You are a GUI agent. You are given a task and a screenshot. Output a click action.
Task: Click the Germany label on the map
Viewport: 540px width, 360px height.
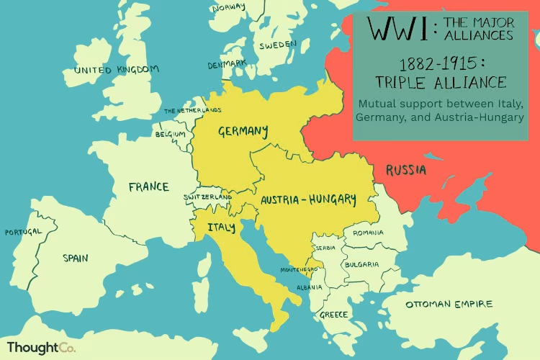243,131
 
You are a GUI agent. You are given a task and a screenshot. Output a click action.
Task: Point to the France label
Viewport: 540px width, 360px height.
148,187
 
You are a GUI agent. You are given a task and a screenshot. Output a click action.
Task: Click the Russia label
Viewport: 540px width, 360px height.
405,170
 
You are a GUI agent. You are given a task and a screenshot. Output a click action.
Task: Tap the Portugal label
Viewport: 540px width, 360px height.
22,233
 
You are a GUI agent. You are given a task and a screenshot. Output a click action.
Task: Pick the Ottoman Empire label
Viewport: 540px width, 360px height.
449,304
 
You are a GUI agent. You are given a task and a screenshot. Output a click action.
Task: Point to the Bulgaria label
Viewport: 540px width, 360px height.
361,264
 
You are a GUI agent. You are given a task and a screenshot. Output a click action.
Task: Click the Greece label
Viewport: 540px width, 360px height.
334,315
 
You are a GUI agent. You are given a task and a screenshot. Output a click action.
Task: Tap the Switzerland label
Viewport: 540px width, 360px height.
208,197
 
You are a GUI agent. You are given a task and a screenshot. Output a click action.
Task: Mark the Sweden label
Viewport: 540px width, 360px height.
277,45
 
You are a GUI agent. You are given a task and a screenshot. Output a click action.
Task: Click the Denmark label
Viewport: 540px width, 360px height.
227,64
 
